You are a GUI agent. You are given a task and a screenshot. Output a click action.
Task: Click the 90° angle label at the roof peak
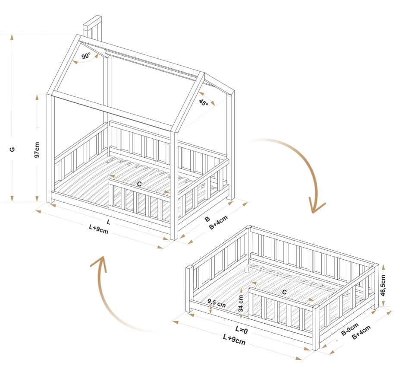click(86, 56)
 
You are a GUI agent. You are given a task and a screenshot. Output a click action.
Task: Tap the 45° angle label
click(203, 102)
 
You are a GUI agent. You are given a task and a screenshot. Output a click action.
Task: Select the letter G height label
click(12, 149)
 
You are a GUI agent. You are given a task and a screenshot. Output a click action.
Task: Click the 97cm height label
click(37, 150)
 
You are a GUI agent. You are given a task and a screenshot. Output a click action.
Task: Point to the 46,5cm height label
click(383, 285)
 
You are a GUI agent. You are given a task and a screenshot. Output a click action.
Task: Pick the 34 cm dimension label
click(241, 303)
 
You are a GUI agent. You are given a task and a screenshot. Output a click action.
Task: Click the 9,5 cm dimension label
click(217, 303)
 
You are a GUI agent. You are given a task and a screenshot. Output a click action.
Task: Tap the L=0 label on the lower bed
click(242, 330)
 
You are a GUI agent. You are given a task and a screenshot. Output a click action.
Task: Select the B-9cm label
click(350, 329)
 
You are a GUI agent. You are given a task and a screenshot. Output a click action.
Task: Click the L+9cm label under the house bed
click(98, 229)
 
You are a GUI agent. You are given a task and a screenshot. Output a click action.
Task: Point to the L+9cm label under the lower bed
click(234, 340)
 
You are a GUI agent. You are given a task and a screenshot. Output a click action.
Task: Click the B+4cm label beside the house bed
click(218, 223)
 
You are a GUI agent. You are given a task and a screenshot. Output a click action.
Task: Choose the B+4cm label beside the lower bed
click(361, 332)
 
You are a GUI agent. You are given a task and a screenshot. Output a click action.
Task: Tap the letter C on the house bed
click(139, 184)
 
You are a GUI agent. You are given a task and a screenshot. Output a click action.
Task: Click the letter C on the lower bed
click(284, 292)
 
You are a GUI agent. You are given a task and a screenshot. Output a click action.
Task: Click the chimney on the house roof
click(93, 28)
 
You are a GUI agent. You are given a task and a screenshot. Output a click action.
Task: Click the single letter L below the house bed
click(108, 222)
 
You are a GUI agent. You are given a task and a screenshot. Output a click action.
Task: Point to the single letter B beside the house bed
click(207, 219)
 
